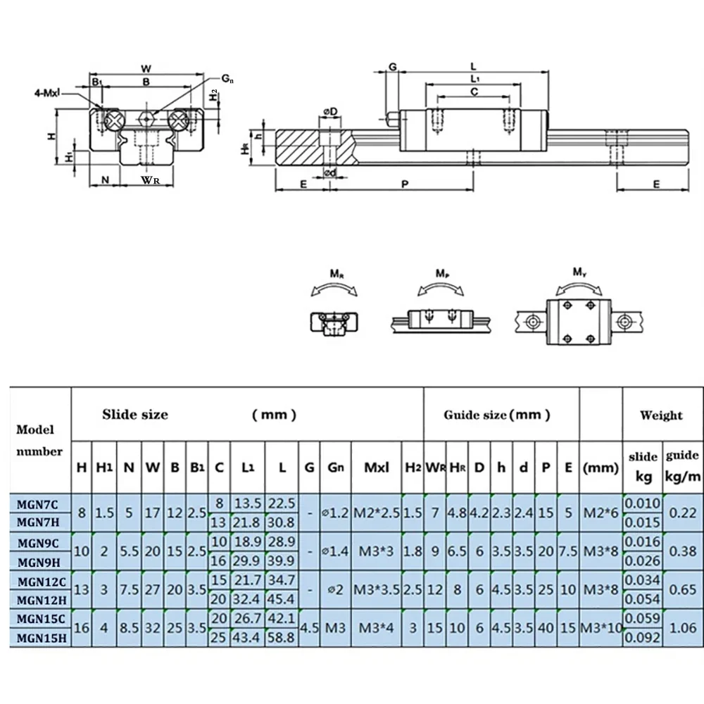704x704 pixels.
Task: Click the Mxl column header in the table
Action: tap(375, 465)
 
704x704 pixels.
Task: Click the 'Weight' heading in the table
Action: tap(660, 415)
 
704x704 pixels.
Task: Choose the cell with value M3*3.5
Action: tap(375, 589)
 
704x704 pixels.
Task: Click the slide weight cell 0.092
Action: tap(643, 638)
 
